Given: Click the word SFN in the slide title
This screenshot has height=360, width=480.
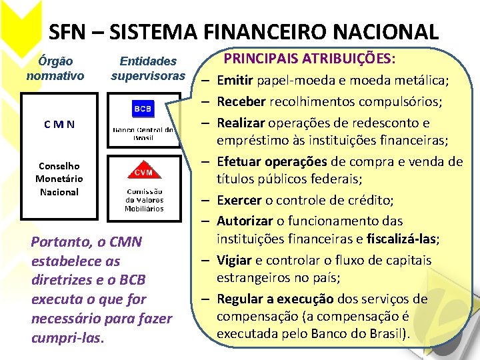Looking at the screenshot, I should (x=67, y=31).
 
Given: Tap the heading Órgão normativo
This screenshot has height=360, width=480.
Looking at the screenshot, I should (x=55, y=68).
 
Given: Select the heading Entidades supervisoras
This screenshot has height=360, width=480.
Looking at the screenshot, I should (x=148, y=68).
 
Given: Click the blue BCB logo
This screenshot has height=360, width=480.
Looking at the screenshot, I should (x=142, y=108).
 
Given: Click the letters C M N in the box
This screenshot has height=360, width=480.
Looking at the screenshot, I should (x=59, y=124).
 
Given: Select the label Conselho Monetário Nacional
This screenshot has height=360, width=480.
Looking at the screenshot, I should (x=59, y=179).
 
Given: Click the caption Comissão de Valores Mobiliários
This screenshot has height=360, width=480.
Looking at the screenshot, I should (x=144, y=199).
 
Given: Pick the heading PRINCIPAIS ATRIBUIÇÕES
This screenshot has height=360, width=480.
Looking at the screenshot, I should (x=309, y=59).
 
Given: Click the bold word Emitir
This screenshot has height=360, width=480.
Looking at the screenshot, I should (x=235, y=81).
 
